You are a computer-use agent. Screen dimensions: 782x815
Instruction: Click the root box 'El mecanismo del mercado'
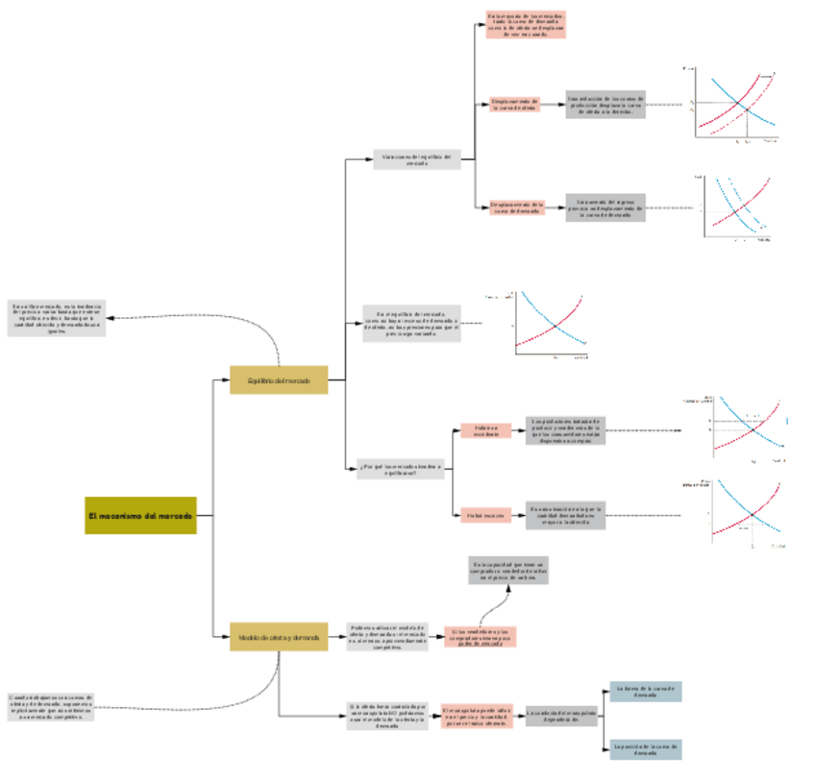tap(140, 516)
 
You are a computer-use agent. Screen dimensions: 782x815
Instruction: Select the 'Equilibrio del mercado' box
tap(279, 380)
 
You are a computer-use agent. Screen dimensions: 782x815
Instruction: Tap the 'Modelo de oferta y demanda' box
tap(279, 636)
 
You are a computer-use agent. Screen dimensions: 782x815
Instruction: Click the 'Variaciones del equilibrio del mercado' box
tap(417, 159)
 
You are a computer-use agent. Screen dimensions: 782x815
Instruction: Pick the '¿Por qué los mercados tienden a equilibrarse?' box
tap(400, 470)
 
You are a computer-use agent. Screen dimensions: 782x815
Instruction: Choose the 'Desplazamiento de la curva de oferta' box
tap(516, 104)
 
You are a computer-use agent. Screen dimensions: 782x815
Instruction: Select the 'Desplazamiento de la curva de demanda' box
tap(517, 208)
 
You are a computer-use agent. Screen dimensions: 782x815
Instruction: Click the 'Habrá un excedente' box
tap(485, 431)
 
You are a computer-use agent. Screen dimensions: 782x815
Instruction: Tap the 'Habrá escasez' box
tap(485, 516)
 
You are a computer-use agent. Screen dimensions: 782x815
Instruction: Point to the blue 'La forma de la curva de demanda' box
tap(645, 692)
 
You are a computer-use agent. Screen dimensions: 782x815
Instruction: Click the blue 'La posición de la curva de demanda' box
tap(645, 748)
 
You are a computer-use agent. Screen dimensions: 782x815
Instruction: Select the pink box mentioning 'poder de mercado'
tap(479, 636)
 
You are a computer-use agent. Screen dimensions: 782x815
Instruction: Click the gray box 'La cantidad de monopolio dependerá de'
tap(562, 715)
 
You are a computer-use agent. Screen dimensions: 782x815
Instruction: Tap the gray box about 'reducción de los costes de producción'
tap(605, 104)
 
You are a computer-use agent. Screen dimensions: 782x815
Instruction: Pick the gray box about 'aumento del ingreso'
tap(605, 208)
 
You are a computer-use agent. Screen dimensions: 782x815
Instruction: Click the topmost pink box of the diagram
tap(526, 24)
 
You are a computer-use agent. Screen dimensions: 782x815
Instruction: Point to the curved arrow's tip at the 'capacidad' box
tap(508, 586)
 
